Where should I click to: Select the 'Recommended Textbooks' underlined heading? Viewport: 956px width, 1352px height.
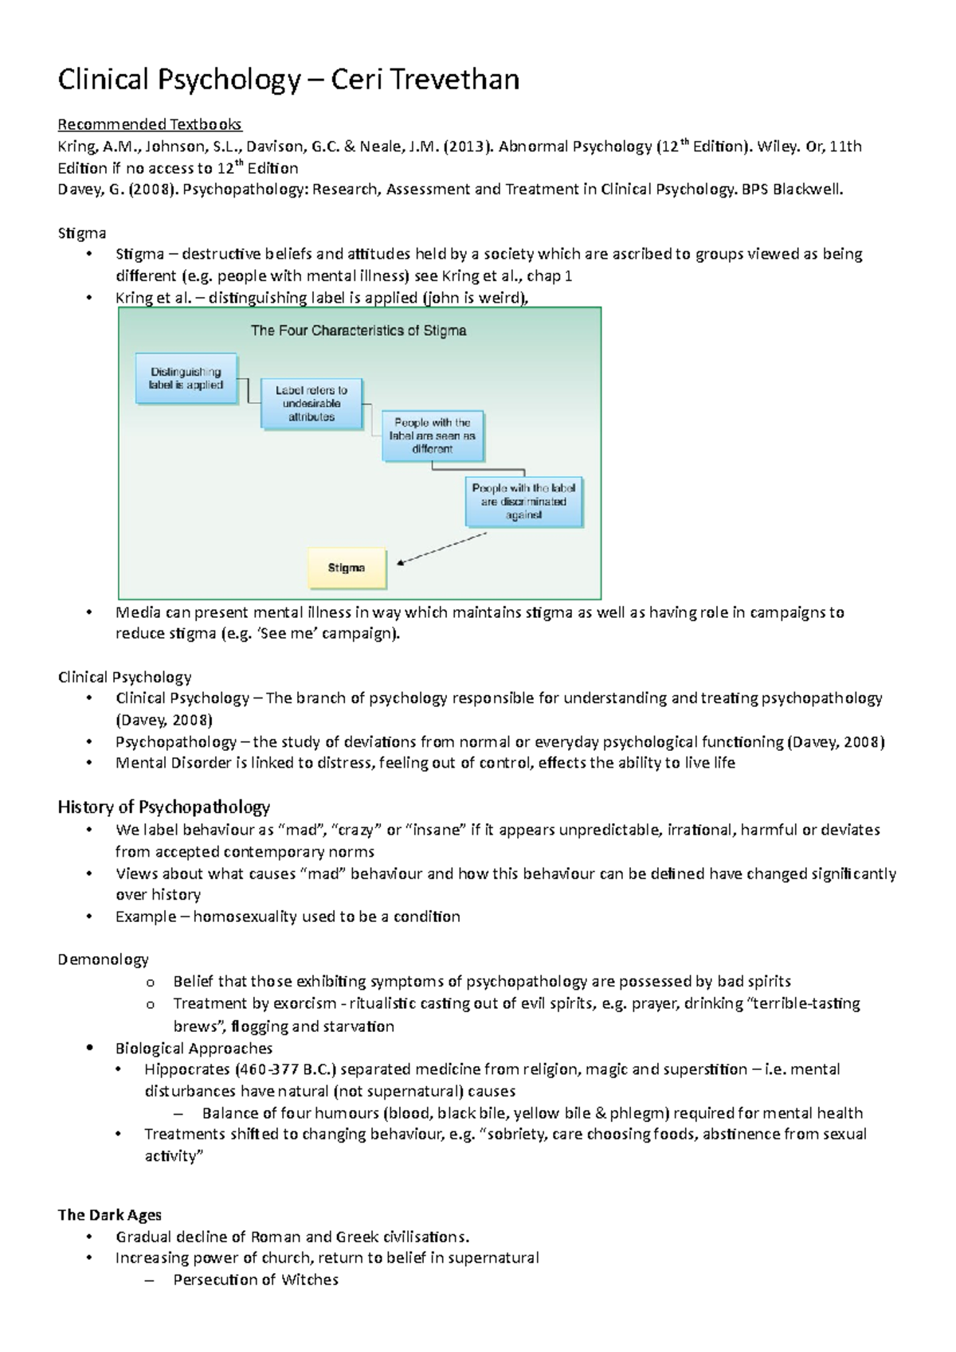coord(150,124)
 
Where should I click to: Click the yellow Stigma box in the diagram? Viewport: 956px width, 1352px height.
coord(347,569)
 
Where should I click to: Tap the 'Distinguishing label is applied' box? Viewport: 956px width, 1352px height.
coord(186,378)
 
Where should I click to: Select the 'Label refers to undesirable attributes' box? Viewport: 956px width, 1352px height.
coord(311,404)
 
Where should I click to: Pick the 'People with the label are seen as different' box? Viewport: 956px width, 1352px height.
coord(433,436)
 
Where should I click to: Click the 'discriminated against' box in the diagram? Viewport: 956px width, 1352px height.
coord(523,502)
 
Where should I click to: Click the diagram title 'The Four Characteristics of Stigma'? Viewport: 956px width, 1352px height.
coord(358,330)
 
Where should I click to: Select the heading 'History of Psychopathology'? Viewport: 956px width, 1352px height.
coord(163,807)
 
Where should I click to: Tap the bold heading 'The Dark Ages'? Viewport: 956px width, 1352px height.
coord(109,1215)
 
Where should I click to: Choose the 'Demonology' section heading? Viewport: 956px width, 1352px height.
coord(103,959)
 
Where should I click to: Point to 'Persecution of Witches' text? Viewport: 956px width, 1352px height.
coord(256,1280)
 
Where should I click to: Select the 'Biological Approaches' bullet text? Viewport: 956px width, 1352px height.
coord(194,1048)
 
